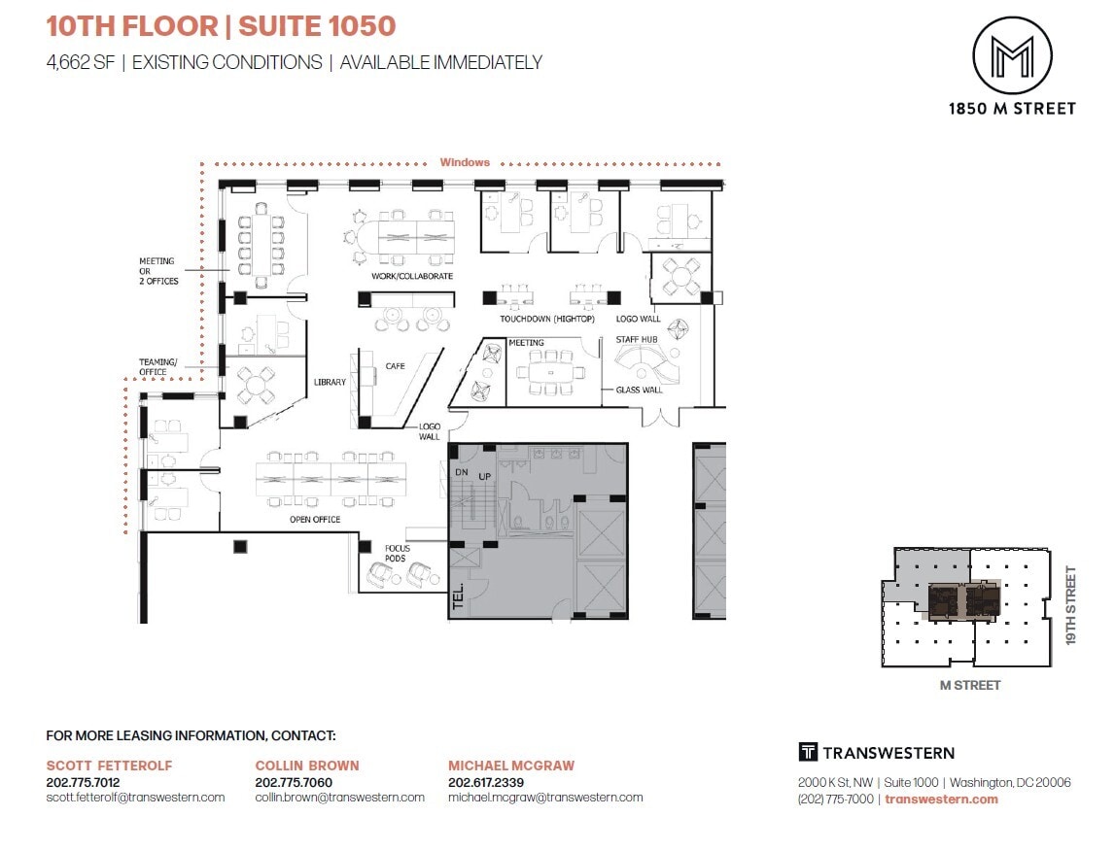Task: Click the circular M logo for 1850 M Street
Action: click(x=1012, y=55)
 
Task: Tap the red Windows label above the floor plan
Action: click(x=465, y=162)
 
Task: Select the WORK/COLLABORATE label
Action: click(x=412, y=276)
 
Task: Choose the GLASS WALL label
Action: click(x=639, y=390)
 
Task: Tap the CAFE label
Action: click(x=395, y=366)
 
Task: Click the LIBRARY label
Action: click(x=330, y=382)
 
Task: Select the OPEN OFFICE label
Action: click(x=315, y=519)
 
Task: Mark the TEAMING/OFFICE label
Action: click(x=152, y=366)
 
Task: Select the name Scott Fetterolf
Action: click(x=109, y=766)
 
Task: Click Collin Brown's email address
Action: click(x=339, y=797)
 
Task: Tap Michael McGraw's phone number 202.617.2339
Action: click(x=487, y=782)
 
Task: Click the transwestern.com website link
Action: click(x=942, y=799)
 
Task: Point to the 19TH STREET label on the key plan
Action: click(x=1072, y=606)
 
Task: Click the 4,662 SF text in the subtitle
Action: click(x=81, y=62)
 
